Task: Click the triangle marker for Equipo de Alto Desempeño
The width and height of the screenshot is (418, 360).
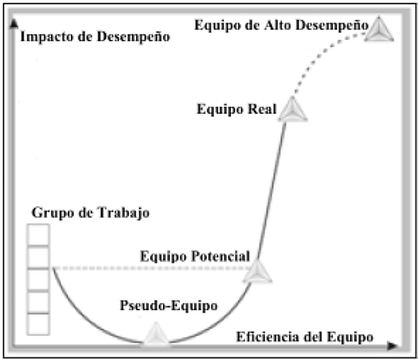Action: click(379, 30)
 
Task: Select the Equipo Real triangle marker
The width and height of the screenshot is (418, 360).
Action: click(293, 109)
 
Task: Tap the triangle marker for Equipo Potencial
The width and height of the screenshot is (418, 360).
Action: click(257, 271)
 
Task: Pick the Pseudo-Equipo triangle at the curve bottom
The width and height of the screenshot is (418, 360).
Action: click(155, 334)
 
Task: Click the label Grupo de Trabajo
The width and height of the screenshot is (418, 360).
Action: click(90, 213)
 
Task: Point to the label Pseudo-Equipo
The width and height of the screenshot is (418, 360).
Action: click(169, 306)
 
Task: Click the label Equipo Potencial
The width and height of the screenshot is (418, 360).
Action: click(195, 256)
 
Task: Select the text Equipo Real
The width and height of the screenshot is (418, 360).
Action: click(237, 109)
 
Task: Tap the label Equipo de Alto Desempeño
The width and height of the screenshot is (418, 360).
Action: click(282, 25)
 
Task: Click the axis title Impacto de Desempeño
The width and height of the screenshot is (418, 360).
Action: click(95, 37)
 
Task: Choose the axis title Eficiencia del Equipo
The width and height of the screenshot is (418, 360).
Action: click(304, 337)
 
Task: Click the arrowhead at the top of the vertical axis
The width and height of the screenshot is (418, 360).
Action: click(14, 23)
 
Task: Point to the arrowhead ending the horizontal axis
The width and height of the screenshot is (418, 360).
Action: click(392, 346)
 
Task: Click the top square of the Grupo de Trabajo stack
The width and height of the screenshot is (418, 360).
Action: click(38, 235)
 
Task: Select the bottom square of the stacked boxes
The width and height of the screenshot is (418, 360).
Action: click(38, 324)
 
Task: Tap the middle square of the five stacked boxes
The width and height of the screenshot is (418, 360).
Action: click(38, 280)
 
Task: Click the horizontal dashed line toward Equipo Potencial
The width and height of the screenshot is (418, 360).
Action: click(153, 268)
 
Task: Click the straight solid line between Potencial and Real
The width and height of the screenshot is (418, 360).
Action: click(272, 190)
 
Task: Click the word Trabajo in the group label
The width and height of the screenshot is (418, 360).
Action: click(124, 213)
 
